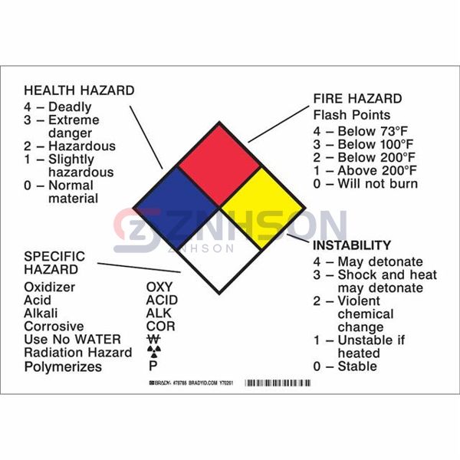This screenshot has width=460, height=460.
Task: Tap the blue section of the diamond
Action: (x=177, y=207)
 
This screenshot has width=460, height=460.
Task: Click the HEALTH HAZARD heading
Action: (x=79, y=90)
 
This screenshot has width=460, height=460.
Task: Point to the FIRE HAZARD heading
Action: (x=356, y=99)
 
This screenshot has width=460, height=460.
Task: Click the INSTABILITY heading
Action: (x=351, y=245)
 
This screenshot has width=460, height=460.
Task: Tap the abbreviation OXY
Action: (x=159, y=287)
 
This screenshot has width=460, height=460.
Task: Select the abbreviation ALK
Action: (x=159, y=314)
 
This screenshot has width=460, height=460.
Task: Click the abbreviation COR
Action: (x=159, y=327)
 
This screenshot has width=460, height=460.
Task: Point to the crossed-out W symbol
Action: (x=153, y=340)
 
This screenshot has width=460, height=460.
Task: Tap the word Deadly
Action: (x=70, y=107)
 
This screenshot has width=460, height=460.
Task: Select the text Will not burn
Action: (x=377, y=183)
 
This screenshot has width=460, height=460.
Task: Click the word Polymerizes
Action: (x=63, y=366)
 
